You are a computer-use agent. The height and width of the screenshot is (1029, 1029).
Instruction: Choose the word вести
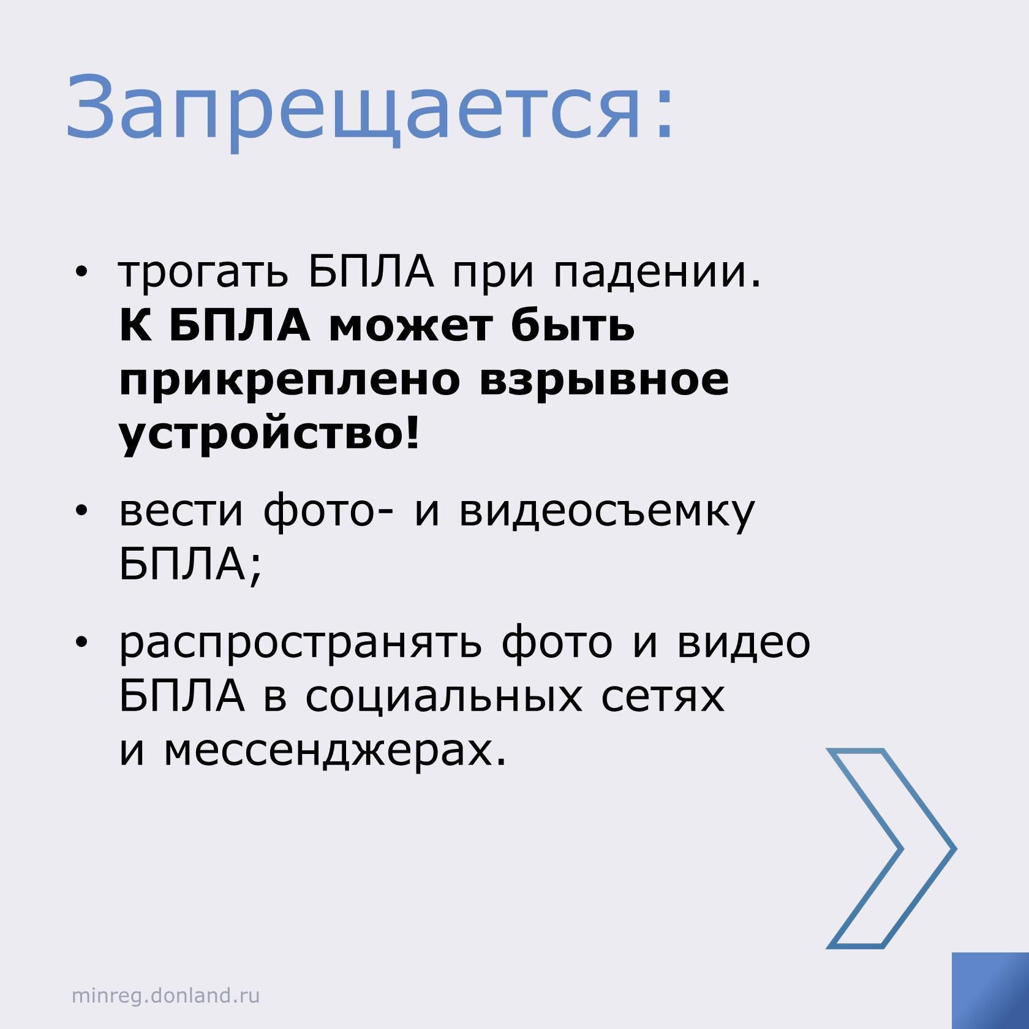(181, 512)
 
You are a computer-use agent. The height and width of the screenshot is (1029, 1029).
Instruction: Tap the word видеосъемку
(607, 512)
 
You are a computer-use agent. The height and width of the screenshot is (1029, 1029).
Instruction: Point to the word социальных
(444, 697)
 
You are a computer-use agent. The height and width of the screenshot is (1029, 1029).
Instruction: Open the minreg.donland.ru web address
(166, 995)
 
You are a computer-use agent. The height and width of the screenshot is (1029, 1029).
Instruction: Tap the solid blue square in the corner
(990, 990)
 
